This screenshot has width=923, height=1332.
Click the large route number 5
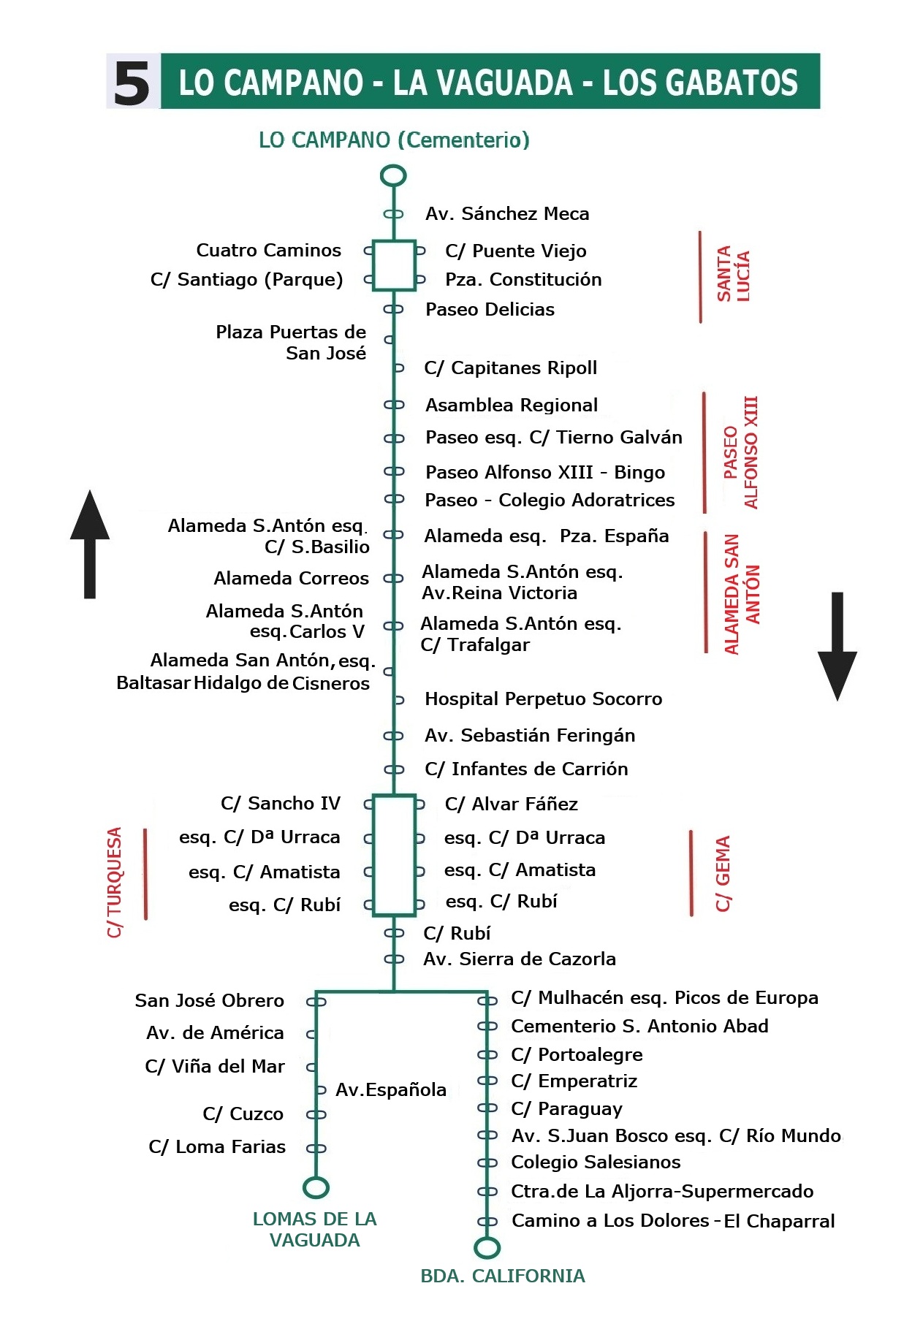[132, 83]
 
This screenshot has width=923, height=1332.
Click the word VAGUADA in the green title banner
[482, 83]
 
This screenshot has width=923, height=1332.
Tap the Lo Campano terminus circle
[393, 175]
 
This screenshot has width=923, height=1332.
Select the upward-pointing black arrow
[90, 544]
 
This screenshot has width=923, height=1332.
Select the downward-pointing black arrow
[837, 646]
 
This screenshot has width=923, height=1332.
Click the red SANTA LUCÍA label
[733, 274]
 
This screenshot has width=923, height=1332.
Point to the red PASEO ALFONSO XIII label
[740, 452]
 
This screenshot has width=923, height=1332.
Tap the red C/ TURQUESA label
[115, 881]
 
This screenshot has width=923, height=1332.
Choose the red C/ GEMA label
[723, 873]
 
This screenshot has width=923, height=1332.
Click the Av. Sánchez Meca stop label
[507, 214]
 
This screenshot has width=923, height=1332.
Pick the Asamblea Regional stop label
[512, 406]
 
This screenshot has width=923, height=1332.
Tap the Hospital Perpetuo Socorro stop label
[543, 699]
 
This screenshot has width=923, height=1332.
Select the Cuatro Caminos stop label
[268, 251]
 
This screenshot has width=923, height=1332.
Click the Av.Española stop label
[390, 1090]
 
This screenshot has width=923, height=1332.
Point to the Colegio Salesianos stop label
[596, 1162]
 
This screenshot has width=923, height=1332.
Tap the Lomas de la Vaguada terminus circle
[316, 1187]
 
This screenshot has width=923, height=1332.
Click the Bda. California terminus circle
[487, 1247]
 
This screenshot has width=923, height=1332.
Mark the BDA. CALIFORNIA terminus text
[503, 1276]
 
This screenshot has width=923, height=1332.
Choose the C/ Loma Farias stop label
[217, 1147]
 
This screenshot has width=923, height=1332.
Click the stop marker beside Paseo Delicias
[393, 309]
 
